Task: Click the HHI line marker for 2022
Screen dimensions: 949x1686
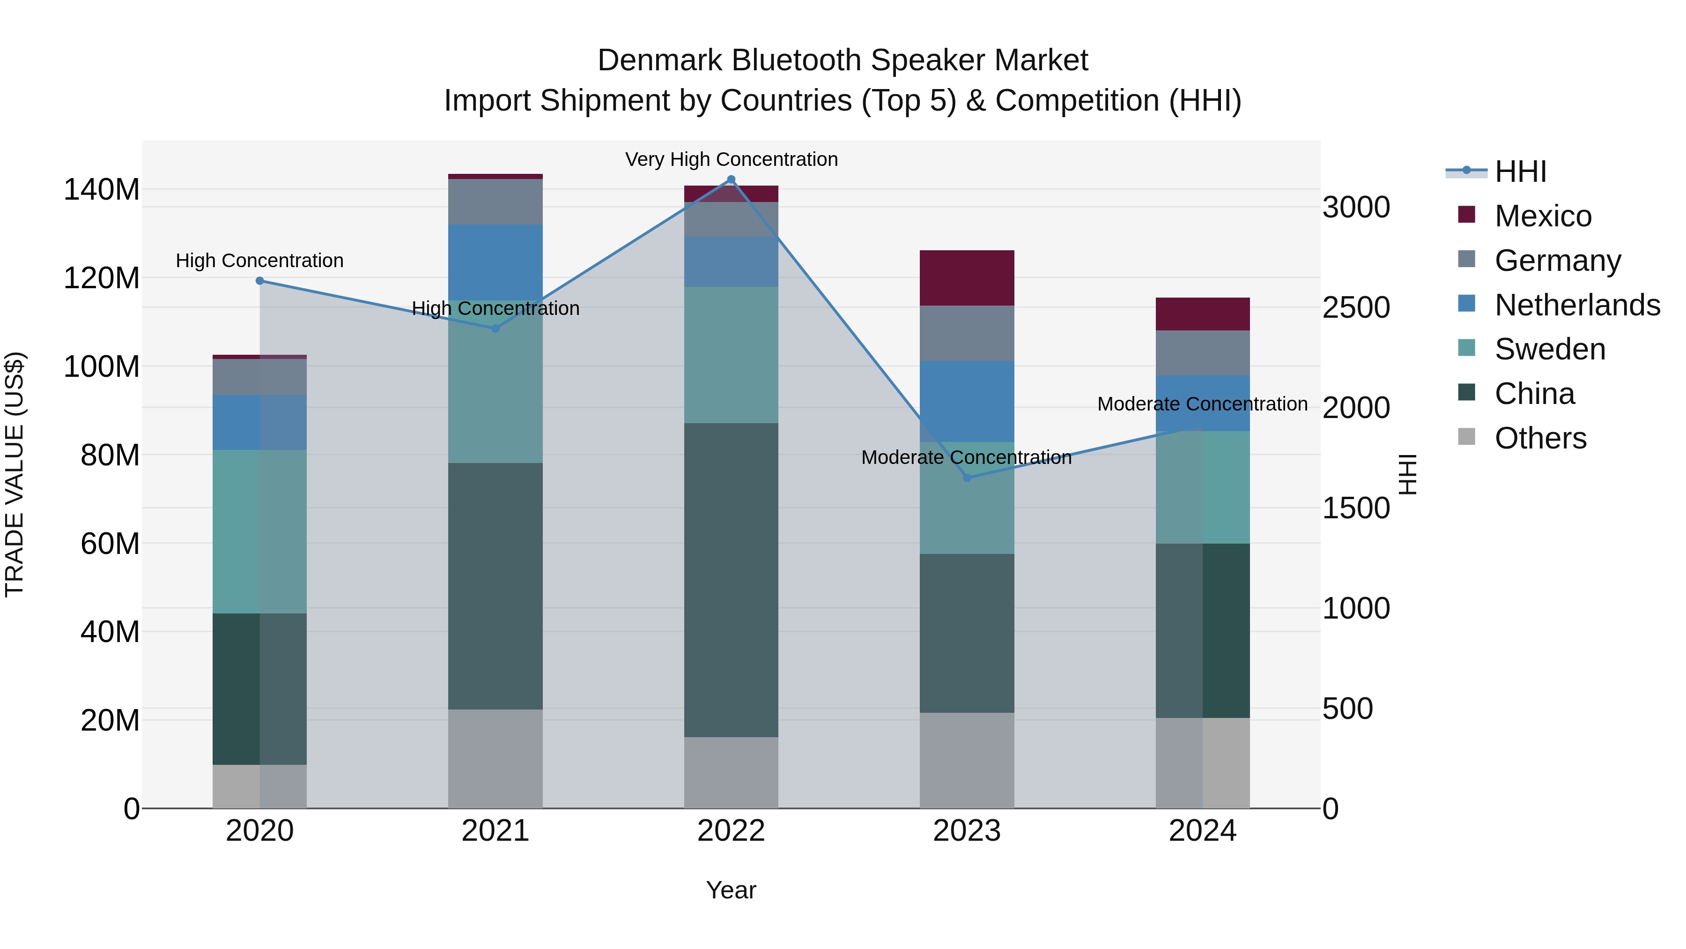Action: (x=731, y=179)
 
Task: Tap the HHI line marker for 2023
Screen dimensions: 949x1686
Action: (x=967, y=478)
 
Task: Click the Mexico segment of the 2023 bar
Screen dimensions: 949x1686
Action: (x=967, y=278)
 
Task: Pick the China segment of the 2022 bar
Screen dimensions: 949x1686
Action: (x=731, y=580)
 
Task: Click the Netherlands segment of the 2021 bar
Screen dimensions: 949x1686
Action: (x=495, y=262)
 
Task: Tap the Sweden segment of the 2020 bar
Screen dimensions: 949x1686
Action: (x=260, y=531)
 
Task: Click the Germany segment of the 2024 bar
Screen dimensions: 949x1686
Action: (x=1202, y=352)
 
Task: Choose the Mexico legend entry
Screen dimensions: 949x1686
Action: (x=1543, y=216)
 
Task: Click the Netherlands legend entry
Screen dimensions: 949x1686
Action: (x=1577, y=305)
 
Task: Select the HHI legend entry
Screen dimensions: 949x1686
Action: (x=1520, y=172)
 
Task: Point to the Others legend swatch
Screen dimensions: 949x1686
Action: (x=1467, y=437)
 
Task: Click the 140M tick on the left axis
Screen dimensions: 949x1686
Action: (x=102, y=190)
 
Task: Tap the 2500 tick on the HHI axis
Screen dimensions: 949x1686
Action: (x=1355, y=308)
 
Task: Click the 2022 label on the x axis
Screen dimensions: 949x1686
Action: (x=731, y=831)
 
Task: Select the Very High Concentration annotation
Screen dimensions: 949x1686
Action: (x=731, y=159)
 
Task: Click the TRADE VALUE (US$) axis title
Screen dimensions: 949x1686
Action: (x=15, y=474)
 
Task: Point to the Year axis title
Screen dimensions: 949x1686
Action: (x=731, y=890)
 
